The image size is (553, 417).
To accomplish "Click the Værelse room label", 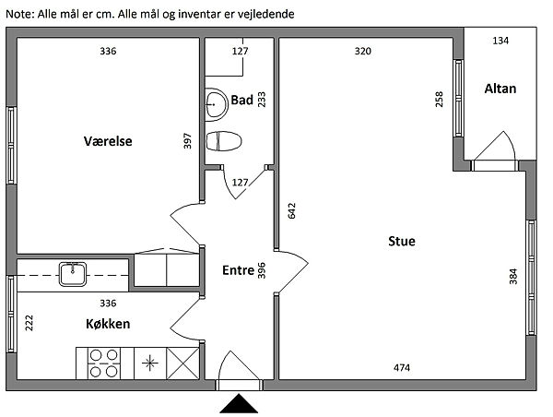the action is point(108,141).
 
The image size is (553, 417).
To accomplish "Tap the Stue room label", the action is point(402,241).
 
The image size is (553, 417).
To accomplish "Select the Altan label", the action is point(500,89).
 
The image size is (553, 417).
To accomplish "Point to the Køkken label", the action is point(108,324).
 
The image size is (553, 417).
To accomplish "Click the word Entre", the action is point(238,270).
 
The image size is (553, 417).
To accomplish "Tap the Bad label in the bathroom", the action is point(241,100).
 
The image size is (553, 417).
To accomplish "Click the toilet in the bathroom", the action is point(224,141).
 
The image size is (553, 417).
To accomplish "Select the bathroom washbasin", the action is point(217,105).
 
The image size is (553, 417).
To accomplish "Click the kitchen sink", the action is point(73,274).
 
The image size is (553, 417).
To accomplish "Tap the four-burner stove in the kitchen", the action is point(103,363).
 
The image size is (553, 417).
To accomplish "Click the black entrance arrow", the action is point(239,403).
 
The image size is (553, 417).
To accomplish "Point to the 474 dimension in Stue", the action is point(402,368).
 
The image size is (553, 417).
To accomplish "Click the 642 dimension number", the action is point(292,210).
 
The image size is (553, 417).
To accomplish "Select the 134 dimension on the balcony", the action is point(500,41).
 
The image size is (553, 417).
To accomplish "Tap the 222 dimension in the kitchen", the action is point(29,323).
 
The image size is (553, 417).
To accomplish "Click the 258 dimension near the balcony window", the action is point(439,100).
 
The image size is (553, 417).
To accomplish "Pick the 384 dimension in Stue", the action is point(513,277).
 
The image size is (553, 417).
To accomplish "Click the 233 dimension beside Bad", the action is point(262,100).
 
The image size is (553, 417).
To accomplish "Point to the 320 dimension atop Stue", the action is point(363,51).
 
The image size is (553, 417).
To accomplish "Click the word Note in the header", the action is point(19,14).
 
